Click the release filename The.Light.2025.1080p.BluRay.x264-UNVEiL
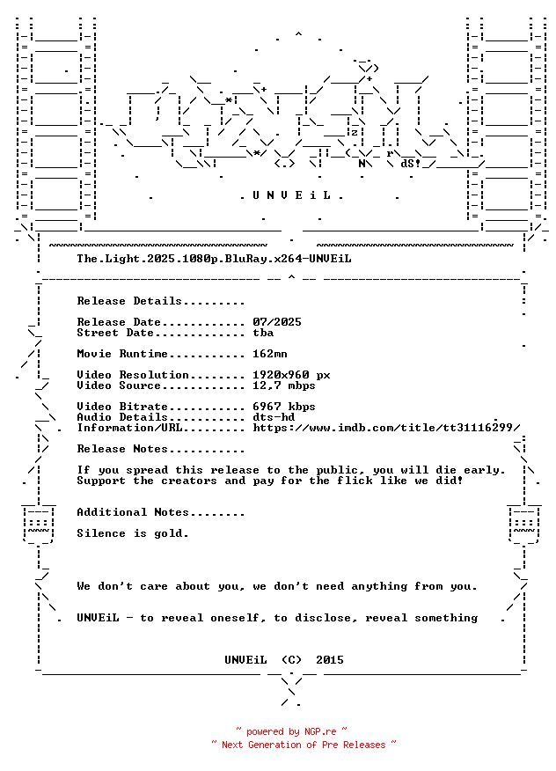coord(214,259)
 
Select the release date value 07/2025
coord(277,322)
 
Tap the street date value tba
coord(263,333)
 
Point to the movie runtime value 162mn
coord(270,354)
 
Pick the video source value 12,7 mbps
coord(283,385)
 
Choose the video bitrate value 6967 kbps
coord(283,407)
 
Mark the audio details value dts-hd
coord(274,417)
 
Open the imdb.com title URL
coord(386,428)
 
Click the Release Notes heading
coord(122,449)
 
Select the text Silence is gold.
coord(133,533)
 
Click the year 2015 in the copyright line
coord(330,660)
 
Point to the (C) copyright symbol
coord(291,660)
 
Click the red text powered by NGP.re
coord(291,731)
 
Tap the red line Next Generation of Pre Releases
coord(304,745)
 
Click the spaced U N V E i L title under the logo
coord(291,195)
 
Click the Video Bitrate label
coord(122,407)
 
